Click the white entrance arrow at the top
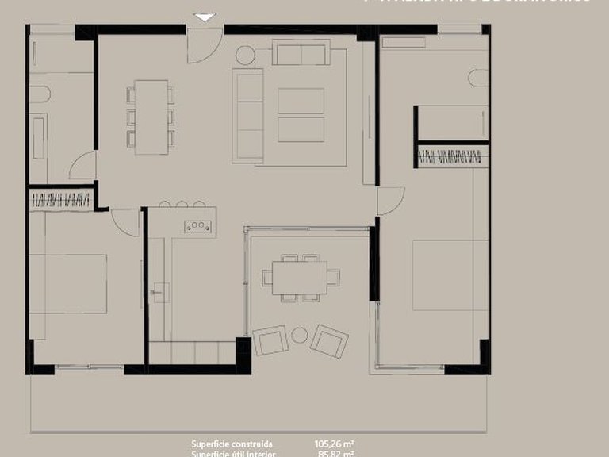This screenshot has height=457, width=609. pos(205,17)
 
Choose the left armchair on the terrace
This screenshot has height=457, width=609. pos(270,341)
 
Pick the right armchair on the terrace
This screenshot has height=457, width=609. pos(329,340)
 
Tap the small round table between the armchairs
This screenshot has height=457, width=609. pos(299,336)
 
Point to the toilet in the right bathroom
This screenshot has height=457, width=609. pos(476,77)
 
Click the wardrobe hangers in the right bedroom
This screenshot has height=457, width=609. pos(449,156)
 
